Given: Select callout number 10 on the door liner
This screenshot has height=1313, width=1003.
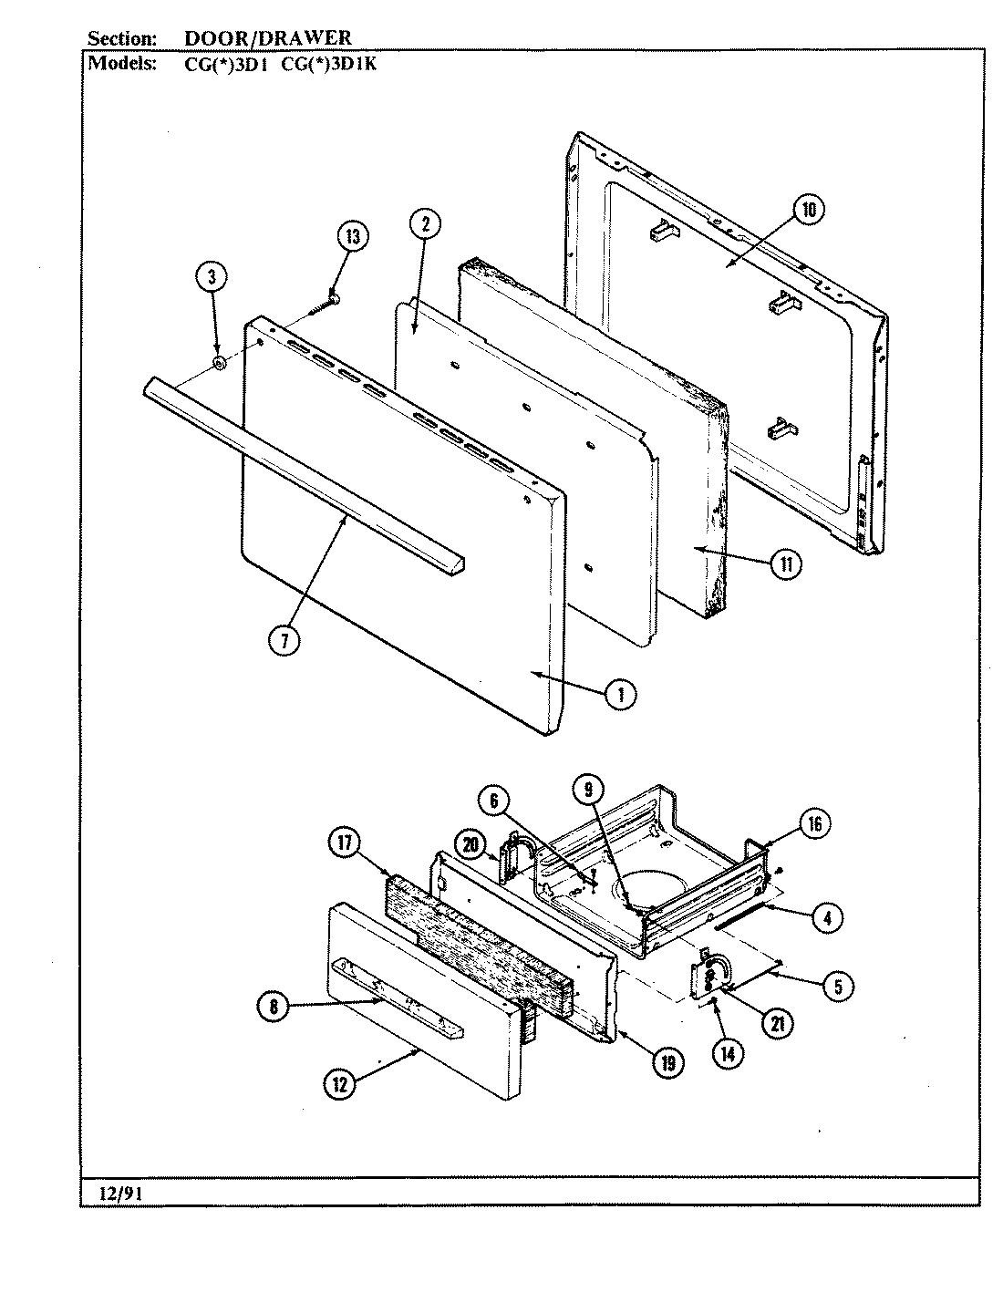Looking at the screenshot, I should (808, 211).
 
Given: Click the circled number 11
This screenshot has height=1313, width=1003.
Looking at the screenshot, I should (784, 564).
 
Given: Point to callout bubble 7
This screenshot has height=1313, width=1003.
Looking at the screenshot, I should (284, 641).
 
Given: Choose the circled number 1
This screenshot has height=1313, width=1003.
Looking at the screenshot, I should (620, 695).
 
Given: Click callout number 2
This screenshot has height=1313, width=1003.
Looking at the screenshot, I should (426, 224).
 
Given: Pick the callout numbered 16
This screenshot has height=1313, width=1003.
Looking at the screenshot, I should (814, 824).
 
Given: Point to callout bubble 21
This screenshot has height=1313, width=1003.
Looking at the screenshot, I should (776, 1024).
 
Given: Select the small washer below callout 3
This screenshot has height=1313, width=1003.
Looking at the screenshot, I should (219, 364).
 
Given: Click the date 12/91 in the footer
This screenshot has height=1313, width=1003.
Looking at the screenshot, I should (107, 1191).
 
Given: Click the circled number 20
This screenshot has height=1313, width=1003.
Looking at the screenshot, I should (470, 843).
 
